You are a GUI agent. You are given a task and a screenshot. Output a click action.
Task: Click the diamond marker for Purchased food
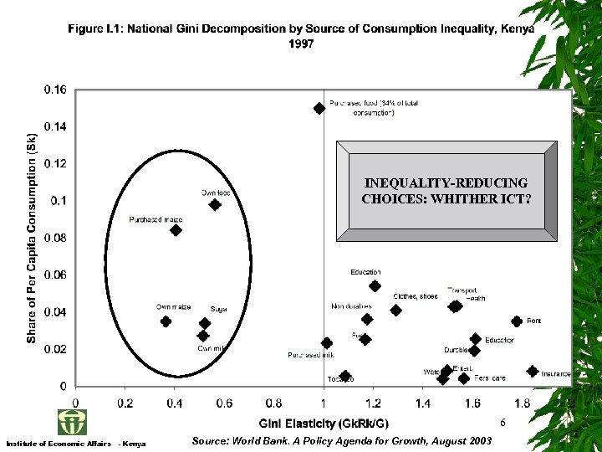click(319, 108)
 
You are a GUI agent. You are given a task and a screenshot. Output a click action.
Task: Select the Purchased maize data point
click(176, 230)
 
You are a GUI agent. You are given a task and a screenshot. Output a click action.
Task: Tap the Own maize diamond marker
click(166, 321)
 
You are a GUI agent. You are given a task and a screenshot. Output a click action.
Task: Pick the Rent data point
click(517, 321)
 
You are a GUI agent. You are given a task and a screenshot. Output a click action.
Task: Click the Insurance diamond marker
click(533, 371)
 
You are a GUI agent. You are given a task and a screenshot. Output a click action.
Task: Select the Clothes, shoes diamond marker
click(396, 310)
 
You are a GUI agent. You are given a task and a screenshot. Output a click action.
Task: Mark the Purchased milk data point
click(327, 343)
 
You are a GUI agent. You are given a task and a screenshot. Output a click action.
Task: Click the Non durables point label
click(351, 306)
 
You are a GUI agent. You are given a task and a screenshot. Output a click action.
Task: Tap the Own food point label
click(216, 193)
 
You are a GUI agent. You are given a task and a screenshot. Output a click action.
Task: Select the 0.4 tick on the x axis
click(174, 403)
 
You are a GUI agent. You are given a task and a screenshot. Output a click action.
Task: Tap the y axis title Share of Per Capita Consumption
click(31, 239)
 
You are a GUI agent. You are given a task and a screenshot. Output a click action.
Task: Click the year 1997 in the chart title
click(301, 44)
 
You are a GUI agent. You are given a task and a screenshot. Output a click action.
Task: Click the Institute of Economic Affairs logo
click(71, 421)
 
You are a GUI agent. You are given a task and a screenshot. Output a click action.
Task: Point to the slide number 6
click(503, 424)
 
